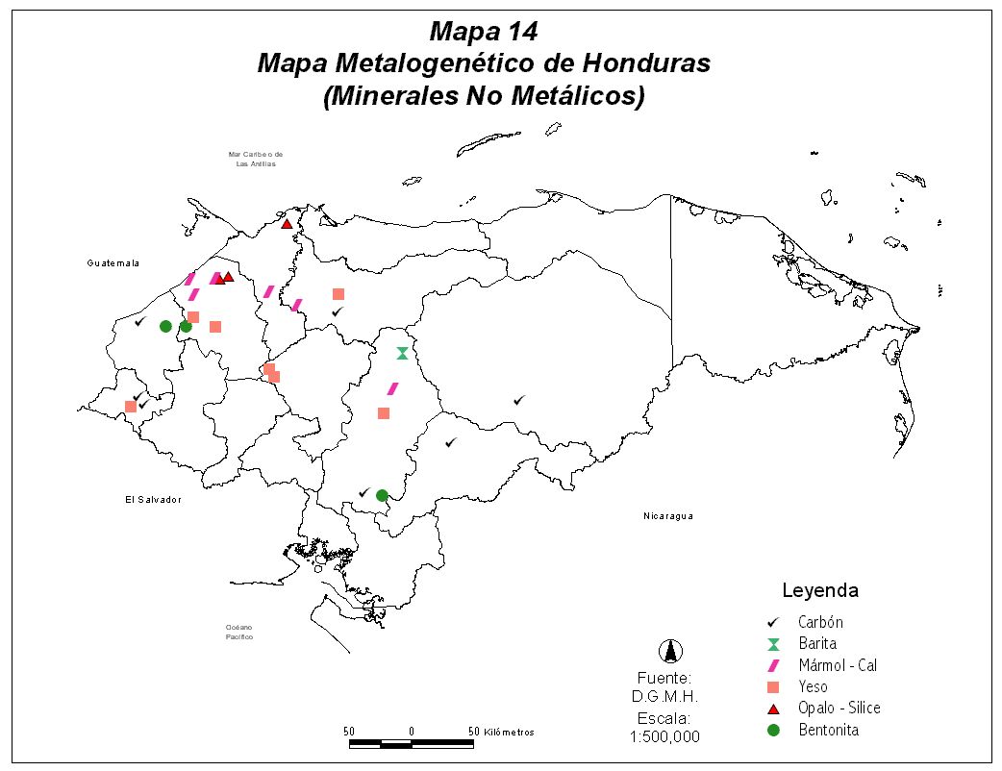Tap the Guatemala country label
[113, 263]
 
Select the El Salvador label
[153, 500]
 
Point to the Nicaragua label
[667, 516]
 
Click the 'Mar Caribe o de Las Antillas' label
[256, 159]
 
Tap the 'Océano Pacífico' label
[239, 632]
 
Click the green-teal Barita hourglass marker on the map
[402, 353]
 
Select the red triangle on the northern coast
[287, 224]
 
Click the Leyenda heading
[819, 590]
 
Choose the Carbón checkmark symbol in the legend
[773, 623]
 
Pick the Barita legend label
[816, 644]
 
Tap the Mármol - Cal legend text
[837, 665]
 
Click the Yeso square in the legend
[773, 687]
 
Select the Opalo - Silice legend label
[839, 709]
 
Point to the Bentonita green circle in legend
[773, 730]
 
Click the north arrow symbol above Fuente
[669, 652]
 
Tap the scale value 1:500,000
[664, 737]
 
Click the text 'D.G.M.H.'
[664, 697]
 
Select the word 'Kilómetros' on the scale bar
[510, 732]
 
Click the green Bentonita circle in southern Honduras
[382, 495]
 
